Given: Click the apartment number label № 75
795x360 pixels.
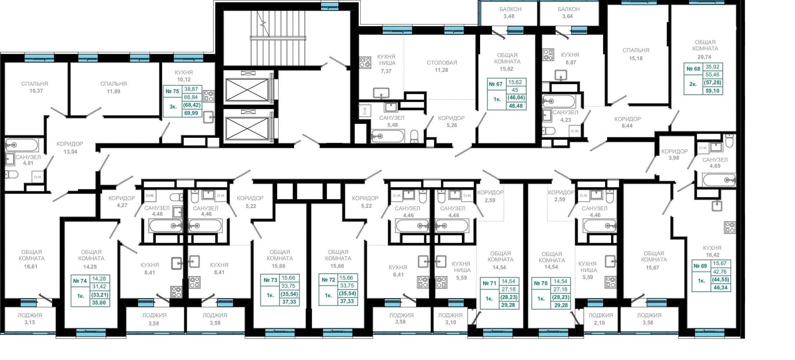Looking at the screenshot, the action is (x=172, y=91).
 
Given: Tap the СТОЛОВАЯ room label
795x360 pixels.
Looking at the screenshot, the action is (x=442, y=63).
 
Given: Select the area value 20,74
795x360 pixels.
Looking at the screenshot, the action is (x=705, y=57).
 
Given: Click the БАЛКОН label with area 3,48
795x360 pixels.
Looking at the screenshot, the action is (x=510, y=9).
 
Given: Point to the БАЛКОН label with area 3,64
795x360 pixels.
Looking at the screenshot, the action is (x=569, y=9).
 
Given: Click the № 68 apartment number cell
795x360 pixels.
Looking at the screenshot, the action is (x=693, y=69).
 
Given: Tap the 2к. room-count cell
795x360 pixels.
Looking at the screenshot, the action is (x=693, y=84).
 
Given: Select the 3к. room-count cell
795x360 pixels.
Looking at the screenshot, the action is (x=173, y=106).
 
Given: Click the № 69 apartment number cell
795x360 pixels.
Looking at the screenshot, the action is (x=700, y=266).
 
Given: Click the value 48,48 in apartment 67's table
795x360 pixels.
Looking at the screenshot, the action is (x=516, y=106).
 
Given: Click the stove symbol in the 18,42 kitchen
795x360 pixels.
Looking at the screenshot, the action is (x=730, y=228).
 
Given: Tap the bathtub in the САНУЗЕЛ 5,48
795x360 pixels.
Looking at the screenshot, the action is (x=387, y=136).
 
